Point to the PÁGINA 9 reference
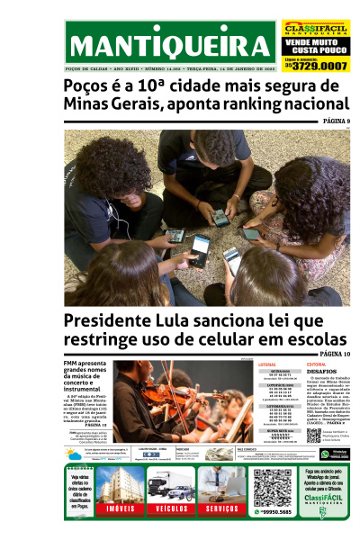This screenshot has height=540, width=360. click(336, 121)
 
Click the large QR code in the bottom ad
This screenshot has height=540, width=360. click(272, 487)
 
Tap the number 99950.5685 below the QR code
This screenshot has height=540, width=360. click(272, 512)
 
